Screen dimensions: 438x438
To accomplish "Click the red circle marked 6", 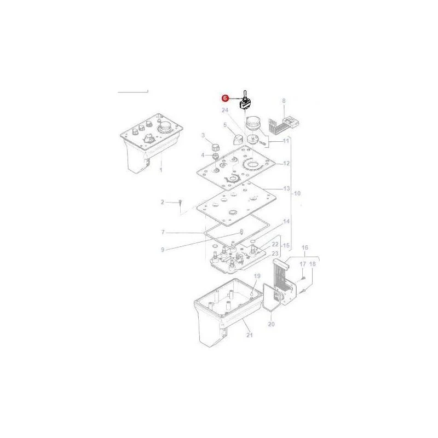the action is tap(225, 99).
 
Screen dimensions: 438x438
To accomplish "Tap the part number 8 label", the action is tap(284, 101).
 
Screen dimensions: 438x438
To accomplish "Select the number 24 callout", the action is tap(225, 110).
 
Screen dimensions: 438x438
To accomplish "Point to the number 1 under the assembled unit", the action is tap(160, 170).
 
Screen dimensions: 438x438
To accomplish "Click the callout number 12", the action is tap(286, 163).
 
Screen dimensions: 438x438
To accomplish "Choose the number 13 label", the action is tap(286, 188).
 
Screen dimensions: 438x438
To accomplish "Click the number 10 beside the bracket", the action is tap(297, 193).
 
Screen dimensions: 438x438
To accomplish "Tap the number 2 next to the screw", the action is tap(163, 201).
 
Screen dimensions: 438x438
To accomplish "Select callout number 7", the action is tap(163, 232).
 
